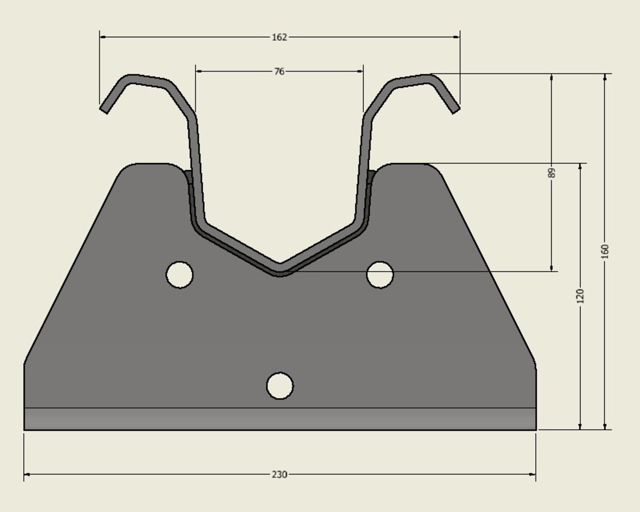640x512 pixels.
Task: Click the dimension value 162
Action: tap(279, 37)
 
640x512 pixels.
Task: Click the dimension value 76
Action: tap(279, 71)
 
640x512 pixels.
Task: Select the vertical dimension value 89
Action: tap(551, 173)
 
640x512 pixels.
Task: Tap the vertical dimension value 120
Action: tap(580, 296)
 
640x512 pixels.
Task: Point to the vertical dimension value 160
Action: tap(605, 251)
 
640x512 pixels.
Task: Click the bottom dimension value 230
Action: tap(279, 475)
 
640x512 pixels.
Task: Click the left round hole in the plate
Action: tap(179, 275)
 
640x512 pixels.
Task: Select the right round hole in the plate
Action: tap(380, 275)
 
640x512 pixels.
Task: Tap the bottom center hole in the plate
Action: tap(280, 386)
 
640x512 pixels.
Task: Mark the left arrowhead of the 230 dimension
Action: tap(27, 474)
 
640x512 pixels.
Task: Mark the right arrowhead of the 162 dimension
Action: tap(457, 37)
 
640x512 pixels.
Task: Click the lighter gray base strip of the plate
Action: tap(280, 419)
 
